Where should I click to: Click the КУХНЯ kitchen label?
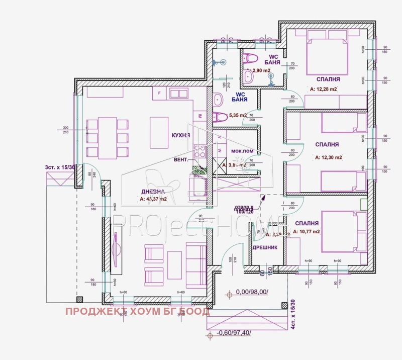[x=180, y=136]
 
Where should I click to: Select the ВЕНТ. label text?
[x=181, y=159]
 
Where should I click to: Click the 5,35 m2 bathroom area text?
[x=238, y=115]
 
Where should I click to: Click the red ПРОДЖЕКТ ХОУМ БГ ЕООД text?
[x=138, y=312]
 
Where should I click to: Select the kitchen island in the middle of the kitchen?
[x=159, y=133]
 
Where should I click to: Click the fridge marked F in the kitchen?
[x=159, y=94]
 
